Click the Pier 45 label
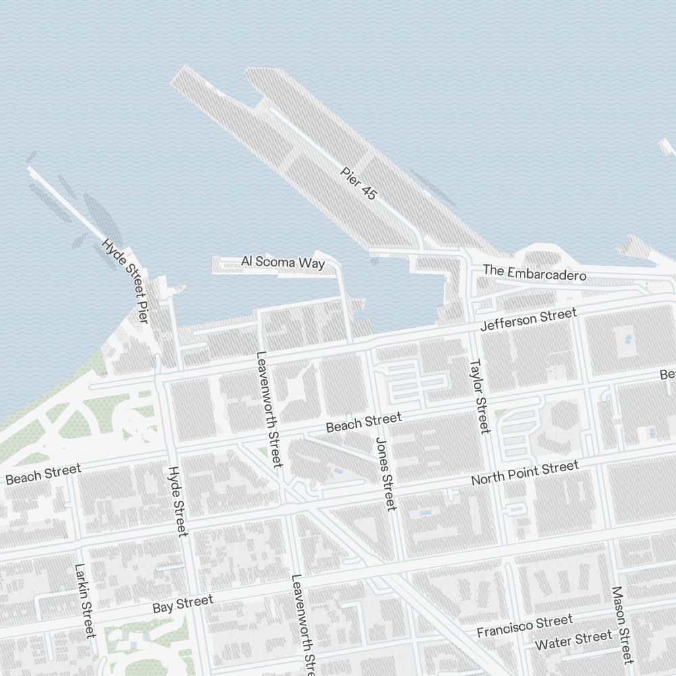358,183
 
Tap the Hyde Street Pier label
125,280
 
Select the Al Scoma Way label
283,262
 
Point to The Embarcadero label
534,272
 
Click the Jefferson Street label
528,319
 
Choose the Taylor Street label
479,395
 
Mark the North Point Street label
525,473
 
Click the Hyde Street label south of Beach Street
177,501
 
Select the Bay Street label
183,604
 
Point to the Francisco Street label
525,626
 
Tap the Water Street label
573,640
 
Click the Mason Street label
622,625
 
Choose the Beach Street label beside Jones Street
363,422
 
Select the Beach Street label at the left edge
43,473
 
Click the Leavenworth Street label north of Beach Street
268,409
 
